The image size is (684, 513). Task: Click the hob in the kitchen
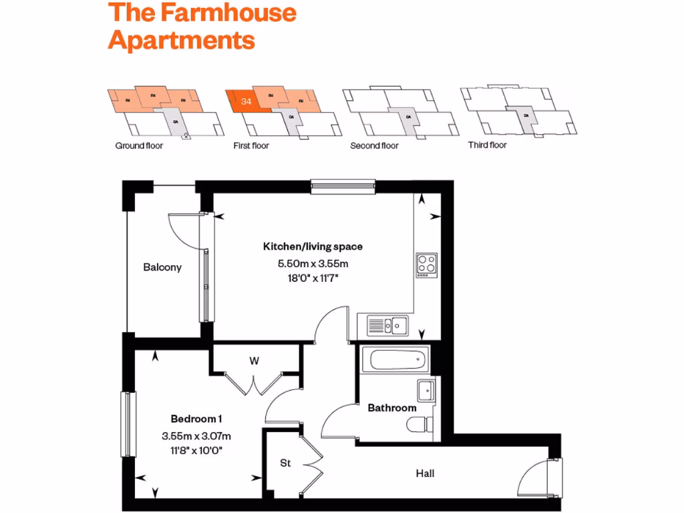click(x=426, y=265)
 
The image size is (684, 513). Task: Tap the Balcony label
click(x=162, y=267)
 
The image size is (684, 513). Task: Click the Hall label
click(x=425, y=474)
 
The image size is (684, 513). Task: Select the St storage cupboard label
click(x=285, y=462)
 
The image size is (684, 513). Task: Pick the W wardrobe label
click(x=254, y=361)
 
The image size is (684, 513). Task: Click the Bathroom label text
click(x=392, y=407)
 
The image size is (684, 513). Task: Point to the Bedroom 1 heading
click(x=196, y=419)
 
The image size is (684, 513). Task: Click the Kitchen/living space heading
click(x=313, y=246)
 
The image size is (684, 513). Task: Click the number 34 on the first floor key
click(x=246, y=102)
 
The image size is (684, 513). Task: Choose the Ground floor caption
click(x=139, y=146)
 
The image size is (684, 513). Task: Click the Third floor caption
click(x=488, y=145)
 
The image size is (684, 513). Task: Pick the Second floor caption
click(x=374, y=146)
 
